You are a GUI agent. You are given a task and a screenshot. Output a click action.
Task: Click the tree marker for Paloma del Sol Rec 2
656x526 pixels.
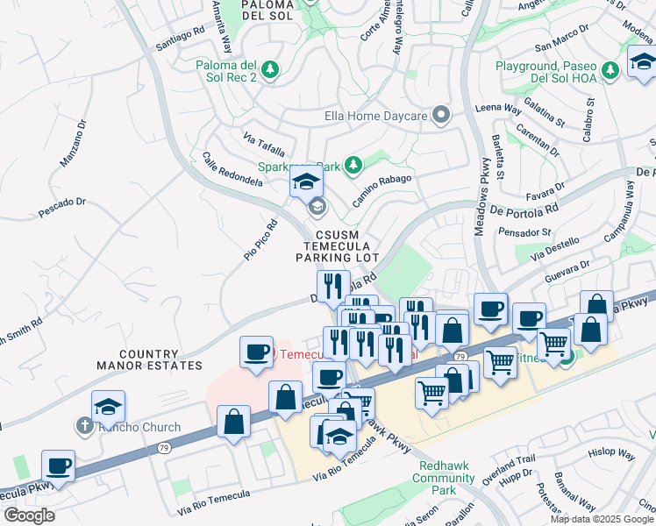pos(271,68)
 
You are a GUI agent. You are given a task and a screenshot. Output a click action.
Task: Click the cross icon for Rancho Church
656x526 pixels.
pos(84,427)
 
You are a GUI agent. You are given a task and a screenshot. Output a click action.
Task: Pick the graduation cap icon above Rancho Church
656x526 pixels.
pos(108,407)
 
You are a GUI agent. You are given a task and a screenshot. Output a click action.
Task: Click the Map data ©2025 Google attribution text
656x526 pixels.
pos(601,519)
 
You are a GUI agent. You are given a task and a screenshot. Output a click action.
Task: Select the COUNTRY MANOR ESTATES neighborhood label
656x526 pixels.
pos(160,359)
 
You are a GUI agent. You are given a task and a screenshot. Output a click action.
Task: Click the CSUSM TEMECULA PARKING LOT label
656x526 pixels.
pos(337,246)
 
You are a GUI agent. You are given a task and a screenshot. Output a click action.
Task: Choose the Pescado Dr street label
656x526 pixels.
pos(65,208)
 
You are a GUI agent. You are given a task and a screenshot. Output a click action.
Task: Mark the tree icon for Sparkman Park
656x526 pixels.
pos(353,164)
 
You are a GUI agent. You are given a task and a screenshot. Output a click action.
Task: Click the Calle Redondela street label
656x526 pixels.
pos(232,168)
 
